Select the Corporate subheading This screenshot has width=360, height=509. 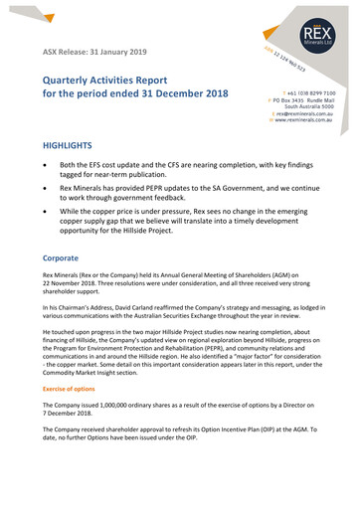[x=62, y=256]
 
